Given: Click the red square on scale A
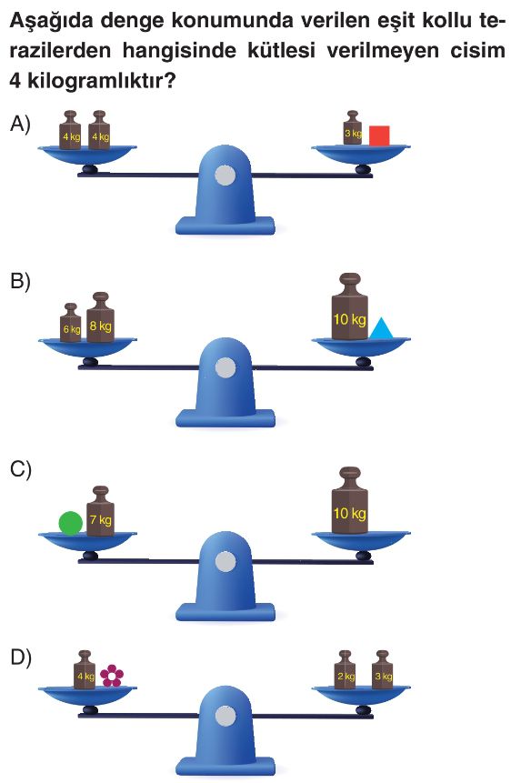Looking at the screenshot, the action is click(379, 136).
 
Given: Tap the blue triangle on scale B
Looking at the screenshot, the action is click(382, 329).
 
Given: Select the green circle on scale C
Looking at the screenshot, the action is click(70, 523).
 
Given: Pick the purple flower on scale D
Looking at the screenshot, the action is click(112, 676).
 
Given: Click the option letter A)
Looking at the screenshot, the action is click(21, 124).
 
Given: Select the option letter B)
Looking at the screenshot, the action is click(21, 281).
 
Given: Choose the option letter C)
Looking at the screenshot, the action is click(21, 470).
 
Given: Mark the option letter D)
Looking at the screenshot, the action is click(21, 658).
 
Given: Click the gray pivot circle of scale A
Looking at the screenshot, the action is click(225, 176).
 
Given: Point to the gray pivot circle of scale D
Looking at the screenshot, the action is click(225, 717).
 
